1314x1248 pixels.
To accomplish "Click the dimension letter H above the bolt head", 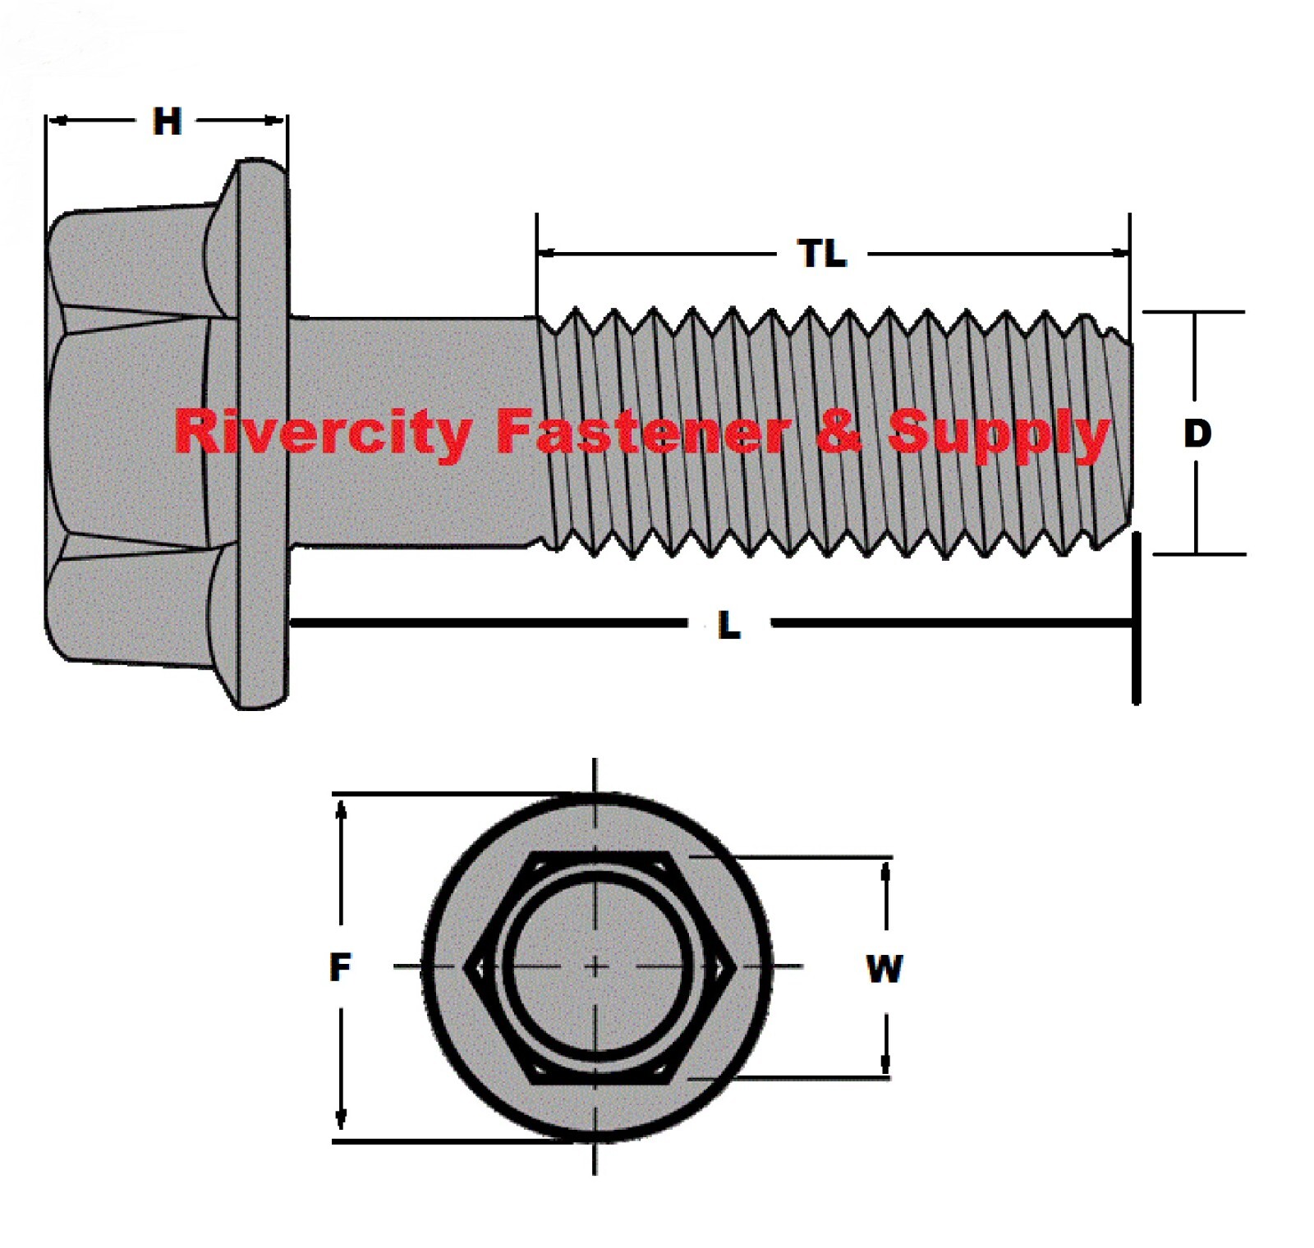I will coord(167,122).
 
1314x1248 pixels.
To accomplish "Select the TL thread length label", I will coord(822,254).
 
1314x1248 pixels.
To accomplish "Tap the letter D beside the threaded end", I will coord(1197,433).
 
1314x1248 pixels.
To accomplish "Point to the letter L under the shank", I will coord(729,626).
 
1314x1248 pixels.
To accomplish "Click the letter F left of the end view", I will coord(340,967).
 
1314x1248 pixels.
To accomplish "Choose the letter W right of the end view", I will coord(884,969).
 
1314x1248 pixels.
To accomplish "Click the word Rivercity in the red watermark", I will coord(323,433).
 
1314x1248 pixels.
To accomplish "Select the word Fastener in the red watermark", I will coord(643,433).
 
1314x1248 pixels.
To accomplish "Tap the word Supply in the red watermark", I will coord(999,433).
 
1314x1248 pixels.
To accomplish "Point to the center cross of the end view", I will coord(595,967).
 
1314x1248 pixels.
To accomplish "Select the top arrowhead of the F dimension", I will coord(342,809).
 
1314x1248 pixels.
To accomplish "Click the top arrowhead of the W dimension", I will coord(885,870).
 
